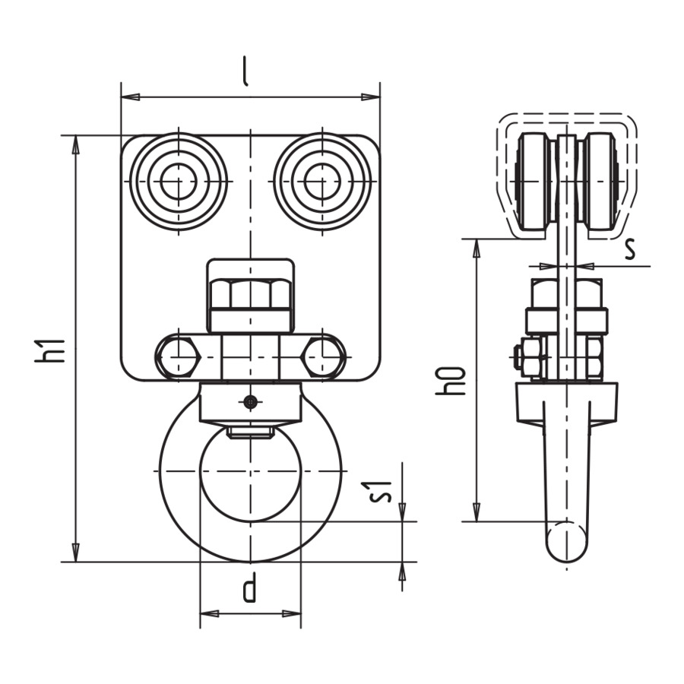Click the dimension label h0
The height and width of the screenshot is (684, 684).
click(451, 382)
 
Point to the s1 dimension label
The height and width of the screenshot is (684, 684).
click(381, 491)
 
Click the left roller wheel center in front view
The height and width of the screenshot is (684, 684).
click(179, 181)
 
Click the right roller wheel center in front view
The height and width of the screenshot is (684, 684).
click(322, 181)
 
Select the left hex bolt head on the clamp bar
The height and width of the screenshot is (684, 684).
click(178, 357)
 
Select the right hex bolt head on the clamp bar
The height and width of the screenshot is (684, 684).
click(322, 357)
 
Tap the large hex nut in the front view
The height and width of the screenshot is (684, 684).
click(250, 293)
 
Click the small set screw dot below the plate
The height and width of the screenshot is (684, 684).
click(250, 401)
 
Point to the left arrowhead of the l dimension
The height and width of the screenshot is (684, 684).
click(130, 97)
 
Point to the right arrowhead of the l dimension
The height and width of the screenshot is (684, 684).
click(371, 97)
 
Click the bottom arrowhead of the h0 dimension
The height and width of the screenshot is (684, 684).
click(477, 511)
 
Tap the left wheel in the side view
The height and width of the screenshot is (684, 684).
click(532, 181)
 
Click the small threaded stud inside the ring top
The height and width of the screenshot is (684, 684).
click(250, 432)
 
